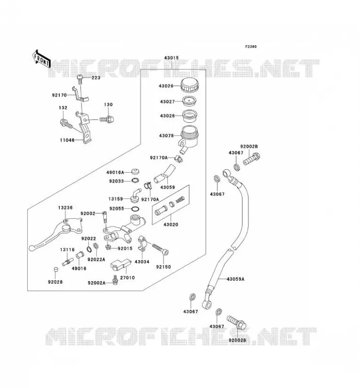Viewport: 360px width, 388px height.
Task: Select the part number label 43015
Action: [171, 58]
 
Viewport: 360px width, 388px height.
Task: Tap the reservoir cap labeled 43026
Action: [189, 85]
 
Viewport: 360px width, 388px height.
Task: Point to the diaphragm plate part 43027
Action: [189, 101]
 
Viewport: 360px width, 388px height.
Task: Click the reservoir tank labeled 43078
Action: [189, 139]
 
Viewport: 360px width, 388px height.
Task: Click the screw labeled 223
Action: [80, 79]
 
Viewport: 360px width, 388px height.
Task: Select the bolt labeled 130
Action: [107, 119]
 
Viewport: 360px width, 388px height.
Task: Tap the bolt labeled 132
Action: [66, 124]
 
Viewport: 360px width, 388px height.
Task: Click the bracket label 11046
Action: [67, 140]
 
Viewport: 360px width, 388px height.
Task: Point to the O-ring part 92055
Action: [135, 209]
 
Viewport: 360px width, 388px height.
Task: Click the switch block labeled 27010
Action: [121, 265]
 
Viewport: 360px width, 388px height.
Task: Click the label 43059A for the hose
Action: [235, 279]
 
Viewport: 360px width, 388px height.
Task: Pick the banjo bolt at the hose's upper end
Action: [251, 159]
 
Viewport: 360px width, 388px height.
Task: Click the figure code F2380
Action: [251, 47]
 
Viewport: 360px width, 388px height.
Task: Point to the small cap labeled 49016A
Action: [135, 171]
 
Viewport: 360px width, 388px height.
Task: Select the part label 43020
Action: [171, 225]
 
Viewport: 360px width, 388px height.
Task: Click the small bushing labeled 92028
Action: [56, 270]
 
